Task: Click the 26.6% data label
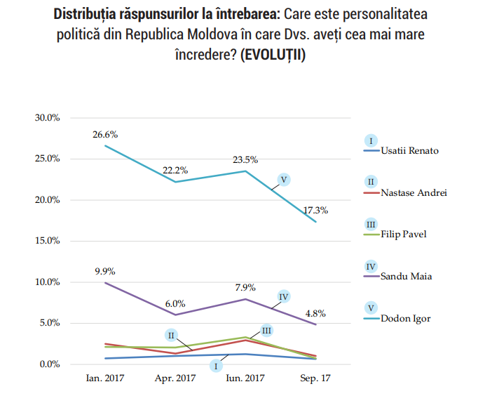click(105, 134)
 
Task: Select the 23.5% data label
click(245, 160)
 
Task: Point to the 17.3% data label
click(315, 209)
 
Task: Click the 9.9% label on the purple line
click(105, 271)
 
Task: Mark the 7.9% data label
click(245, 287)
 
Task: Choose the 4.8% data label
click(315, 313)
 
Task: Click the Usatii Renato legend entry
click(412, 150)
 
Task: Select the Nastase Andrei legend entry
click(414, 192)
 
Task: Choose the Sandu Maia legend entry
click(407, 276)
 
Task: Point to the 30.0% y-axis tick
click(47, 117)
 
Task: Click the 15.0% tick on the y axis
click(47, 241)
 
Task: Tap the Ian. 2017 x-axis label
click(105, 378)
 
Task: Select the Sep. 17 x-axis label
click(315, 378)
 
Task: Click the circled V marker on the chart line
click(284, 180)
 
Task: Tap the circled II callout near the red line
click(171, 335)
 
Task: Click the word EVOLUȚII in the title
click(272, 55)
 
